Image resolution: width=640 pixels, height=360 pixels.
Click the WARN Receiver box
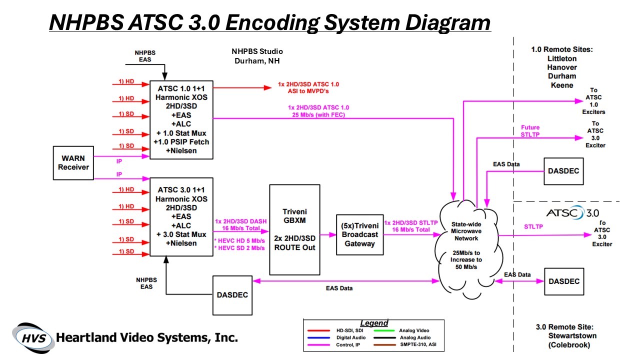[x=73, y=163]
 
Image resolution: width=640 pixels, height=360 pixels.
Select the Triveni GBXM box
[x=294, y=229]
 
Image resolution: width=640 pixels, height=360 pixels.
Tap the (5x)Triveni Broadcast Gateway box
[x=359, y=234]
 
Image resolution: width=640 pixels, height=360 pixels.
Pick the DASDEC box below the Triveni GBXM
[x=232, y=295]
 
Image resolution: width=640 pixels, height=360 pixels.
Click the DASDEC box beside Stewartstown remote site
[x=564, y=281]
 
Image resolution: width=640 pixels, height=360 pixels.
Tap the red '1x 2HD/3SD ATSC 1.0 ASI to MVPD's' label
[x=311, y=87]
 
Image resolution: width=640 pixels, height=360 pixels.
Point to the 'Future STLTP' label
[x=530, y=130]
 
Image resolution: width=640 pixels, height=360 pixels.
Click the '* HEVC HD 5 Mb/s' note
[x=239, y=240]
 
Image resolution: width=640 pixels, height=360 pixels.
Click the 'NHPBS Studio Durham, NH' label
[x=257, y=56]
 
